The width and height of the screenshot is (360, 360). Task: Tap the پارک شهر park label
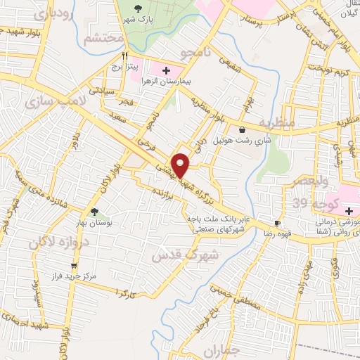[x=136, y=18]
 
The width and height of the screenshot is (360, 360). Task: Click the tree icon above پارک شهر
[x=136, y=7]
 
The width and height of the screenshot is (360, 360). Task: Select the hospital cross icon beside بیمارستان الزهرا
[x=166, y=70]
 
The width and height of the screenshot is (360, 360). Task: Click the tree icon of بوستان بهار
[x=94, y=211]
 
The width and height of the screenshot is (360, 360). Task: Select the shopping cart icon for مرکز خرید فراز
[x=74, y=265]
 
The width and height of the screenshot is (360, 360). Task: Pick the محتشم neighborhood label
[x=103, y=39]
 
